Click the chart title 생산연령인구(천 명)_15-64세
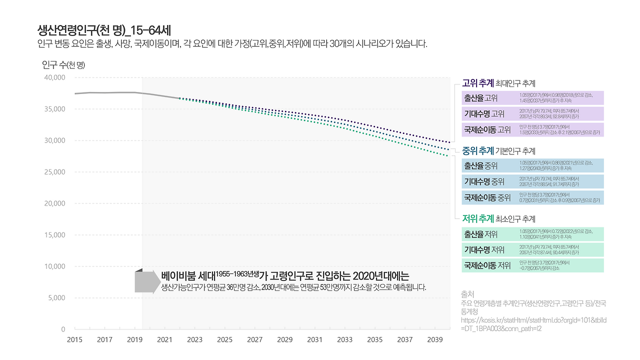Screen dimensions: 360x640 (104, 29)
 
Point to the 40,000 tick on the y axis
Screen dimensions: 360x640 (55, 77)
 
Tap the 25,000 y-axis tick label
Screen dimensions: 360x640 (55, 172)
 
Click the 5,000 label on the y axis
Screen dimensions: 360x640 (57, 298)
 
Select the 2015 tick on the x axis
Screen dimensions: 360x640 (75, 340)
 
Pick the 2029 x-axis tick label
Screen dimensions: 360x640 (285, 340)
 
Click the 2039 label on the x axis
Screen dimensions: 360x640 (435, 340)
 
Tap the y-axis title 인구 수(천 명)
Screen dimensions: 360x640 (63, 64)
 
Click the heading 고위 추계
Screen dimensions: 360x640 (478, 82)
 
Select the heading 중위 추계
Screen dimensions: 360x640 (478, 150)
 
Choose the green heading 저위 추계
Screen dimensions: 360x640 (478, 218)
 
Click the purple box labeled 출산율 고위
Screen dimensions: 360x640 (532, 97)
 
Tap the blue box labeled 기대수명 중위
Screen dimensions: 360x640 (532, 181)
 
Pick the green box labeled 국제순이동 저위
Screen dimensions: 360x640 (532, 265)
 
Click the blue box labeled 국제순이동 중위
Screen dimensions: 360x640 (532, 197)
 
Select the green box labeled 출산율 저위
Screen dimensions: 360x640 (532, 234)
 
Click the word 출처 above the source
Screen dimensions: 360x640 (467, 294)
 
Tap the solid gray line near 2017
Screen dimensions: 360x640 (105, 92)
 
